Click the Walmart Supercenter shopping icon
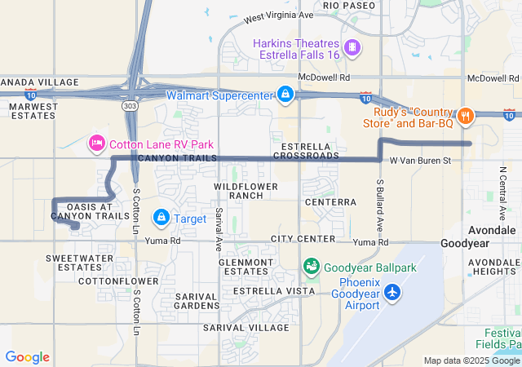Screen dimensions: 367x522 tap(285, 95)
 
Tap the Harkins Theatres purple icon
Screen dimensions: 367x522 tap(352, 47)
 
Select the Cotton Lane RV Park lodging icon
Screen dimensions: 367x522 tap(95, 144)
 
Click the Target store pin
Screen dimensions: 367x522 tap(161, 218)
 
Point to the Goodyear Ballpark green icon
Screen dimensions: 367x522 tap(311, 266)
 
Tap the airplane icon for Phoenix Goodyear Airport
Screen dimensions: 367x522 tap(392, 291)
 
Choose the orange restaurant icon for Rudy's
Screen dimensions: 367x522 tap(465, 116)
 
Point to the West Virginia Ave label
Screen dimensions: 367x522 tap(278, 15)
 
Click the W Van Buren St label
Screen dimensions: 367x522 tap(420, 161)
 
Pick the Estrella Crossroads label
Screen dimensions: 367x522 tap(307, 151)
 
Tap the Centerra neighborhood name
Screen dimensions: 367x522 tap(330, 201)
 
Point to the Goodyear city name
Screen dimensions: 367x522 tap(465, 243)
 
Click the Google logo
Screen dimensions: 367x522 tap(27, 357)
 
